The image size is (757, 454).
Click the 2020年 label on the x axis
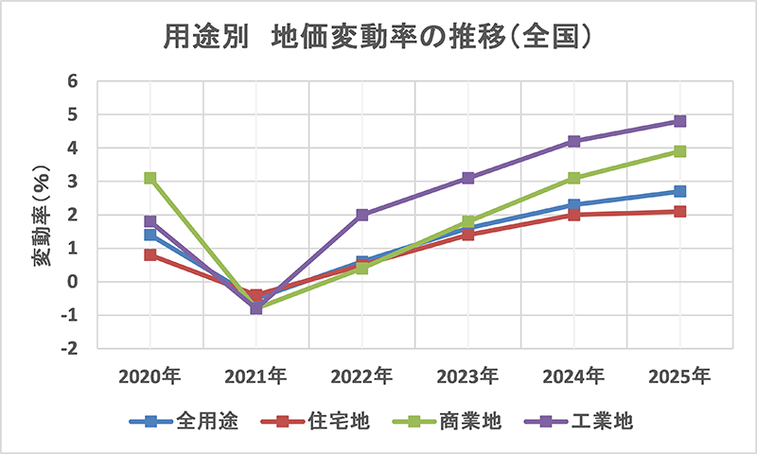point(150,375)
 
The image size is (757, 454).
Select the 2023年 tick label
point(467,375)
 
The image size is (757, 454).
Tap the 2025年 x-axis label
point(679,375)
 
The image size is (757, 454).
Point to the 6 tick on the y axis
point(72,81)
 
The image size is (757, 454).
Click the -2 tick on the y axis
point(69,349)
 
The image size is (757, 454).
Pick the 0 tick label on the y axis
point(72,282)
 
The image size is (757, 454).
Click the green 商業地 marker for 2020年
point(150,178)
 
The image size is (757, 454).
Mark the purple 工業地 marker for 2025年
point(679,121)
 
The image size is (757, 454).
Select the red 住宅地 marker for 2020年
point(150,254)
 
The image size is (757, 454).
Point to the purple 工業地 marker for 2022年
point(362,215)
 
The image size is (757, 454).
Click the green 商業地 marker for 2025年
point(679,151)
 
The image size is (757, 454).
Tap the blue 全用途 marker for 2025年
point(679,191)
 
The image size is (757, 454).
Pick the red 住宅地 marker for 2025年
point(679,211)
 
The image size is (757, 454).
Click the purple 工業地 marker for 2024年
point(573,141)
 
